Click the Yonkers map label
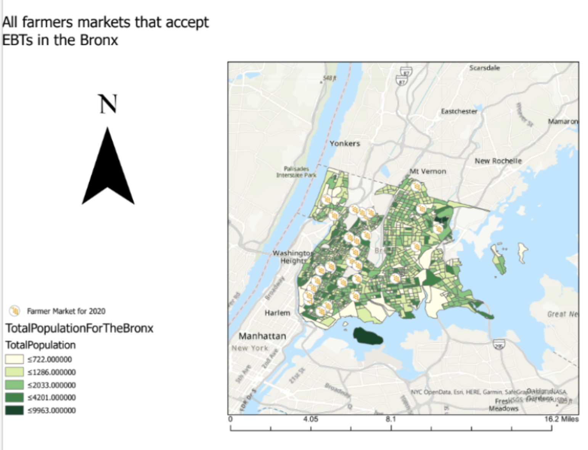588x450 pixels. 345,144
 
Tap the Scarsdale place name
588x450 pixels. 484,68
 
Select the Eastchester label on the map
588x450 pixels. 459,111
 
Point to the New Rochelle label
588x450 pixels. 498,161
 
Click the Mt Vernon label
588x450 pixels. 427,171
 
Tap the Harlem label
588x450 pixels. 277,313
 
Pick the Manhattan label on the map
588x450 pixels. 262,336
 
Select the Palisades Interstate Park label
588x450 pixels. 296,172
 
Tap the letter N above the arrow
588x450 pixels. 108,104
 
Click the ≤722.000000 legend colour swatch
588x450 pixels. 14,359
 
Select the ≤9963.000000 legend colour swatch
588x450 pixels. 14,410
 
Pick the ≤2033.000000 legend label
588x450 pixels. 51,385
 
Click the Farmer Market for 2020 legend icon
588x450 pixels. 14,311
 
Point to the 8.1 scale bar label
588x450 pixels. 391,419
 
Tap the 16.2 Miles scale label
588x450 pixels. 561,419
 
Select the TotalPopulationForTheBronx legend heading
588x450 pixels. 79,328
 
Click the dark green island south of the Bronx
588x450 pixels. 367,336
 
